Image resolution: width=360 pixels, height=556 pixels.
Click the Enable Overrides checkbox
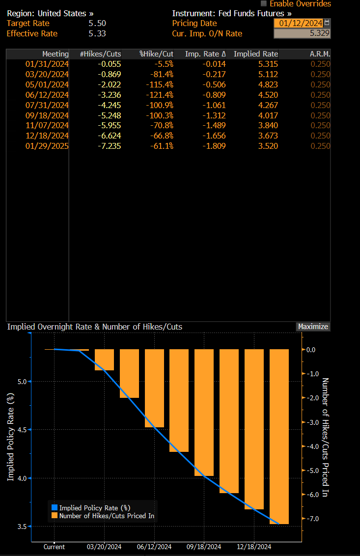click(264, 3)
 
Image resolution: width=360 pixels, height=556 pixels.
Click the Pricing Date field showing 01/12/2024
click(298, 23)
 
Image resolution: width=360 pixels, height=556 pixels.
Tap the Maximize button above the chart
click(313, 327)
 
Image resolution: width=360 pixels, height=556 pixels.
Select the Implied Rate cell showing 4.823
click(267, 84)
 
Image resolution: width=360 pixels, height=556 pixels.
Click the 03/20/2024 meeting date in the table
click(47, 74)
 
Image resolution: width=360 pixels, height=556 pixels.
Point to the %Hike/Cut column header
click(156, 54)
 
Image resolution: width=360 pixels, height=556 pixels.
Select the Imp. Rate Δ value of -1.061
click(215, 105)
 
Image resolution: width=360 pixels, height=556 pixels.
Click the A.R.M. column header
click(320, 54)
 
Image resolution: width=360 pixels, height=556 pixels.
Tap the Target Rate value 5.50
click(97, 23)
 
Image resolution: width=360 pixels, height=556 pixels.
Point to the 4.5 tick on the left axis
click(23, 429)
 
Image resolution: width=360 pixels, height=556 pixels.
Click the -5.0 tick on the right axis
click(313, 471)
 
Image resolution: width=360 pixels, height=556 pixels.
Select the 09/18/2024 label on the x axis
click(204, 547)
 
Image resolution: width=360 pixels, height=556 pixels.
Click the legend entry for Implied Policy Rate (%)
click(94, 507)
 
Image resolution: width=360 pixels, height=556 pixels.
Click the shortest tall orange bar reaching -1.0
click(104, 360)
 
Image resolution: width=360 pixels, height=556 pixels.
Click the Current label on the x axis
click(54, 547)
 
